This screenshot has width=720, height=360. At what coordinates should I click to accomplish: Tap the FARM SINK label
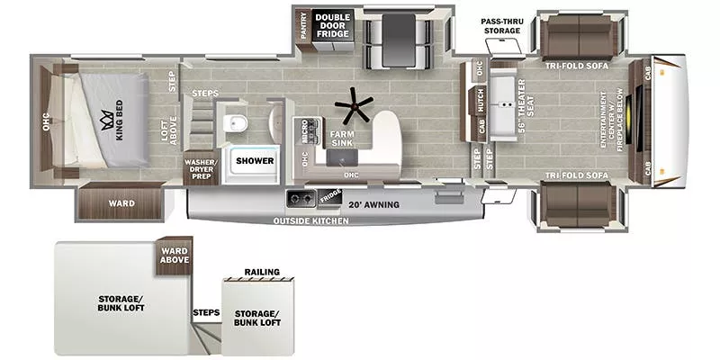pos(341,138)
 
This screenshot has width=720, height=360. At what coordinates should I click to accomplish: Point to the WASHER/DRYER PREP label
pos(199,167)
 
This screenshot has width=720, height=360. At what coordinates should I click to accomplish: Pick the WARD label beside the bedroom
pos(121,203)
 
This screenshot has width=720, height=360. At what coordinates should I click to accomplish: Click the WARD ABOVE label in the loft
pos(174,256)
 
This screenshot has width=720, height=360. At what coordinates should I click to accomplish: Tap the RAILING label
pos(262,272)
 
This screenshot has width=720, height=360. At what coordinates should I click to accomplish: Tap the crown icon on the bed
pos(110,115)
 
